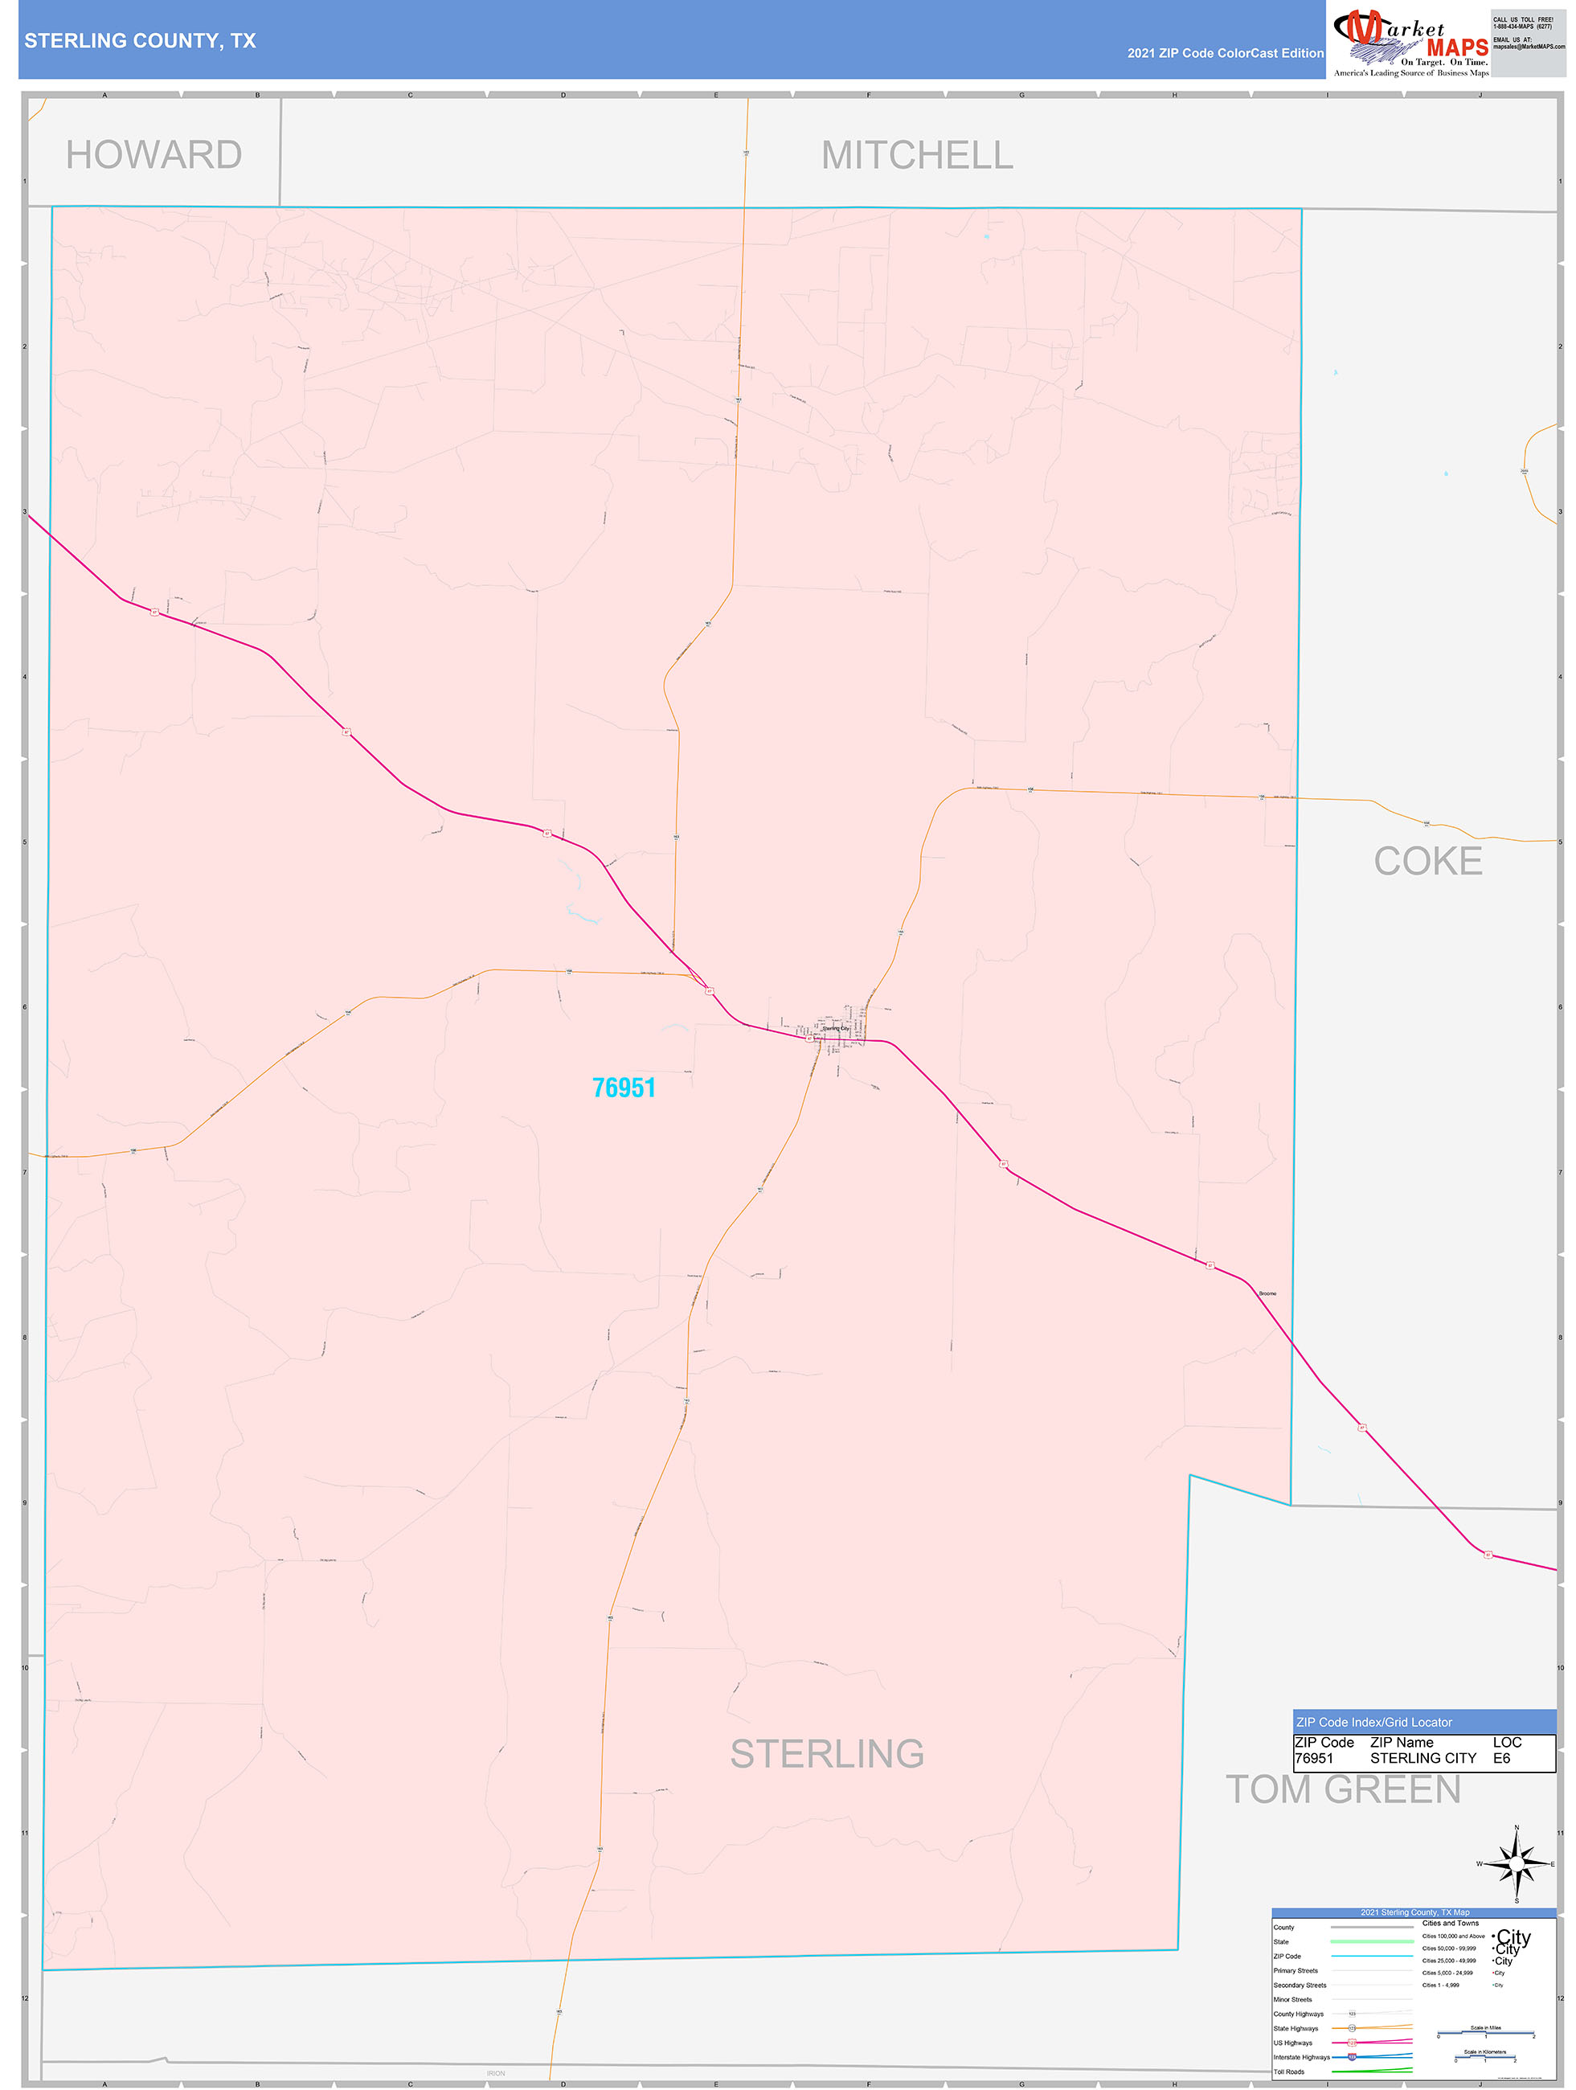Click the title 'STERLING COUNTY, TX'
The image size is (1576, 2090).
pos(140,41)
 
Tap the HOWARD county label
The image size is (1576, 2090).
pos(154,155)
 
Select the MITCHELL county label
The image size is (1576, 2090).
pos(916,155)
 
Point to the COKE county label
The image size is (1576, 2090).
pos(1427,861)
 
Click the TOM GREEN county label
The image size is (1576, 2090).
pos(1343,1789)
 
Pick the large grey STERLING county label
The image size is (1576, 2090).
pos(827,1754)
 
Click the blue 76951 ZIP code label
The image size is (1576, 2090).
pos(624,1088)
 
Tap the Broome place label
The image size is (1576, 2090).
pos(1267,1293)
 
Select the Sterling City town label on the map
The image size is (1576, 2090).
pos(836,1028)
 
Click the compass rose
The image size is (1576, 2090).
pos(1517,1864)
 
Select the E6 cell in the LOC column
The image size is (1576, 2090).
pos(1501,1758)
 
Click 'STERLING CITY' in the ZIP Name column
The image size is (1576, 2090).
pos(1423,1758)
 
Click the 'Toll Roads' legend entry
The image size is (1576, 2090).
pos(1289,2072)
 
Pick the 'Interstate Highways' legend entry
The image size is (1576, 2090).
pos(1301,2057)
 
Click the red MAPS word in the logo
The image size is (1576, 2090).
pos(1457,47)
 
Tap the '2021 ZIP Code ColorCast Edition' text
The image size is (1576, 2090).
pos(1225,53)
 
